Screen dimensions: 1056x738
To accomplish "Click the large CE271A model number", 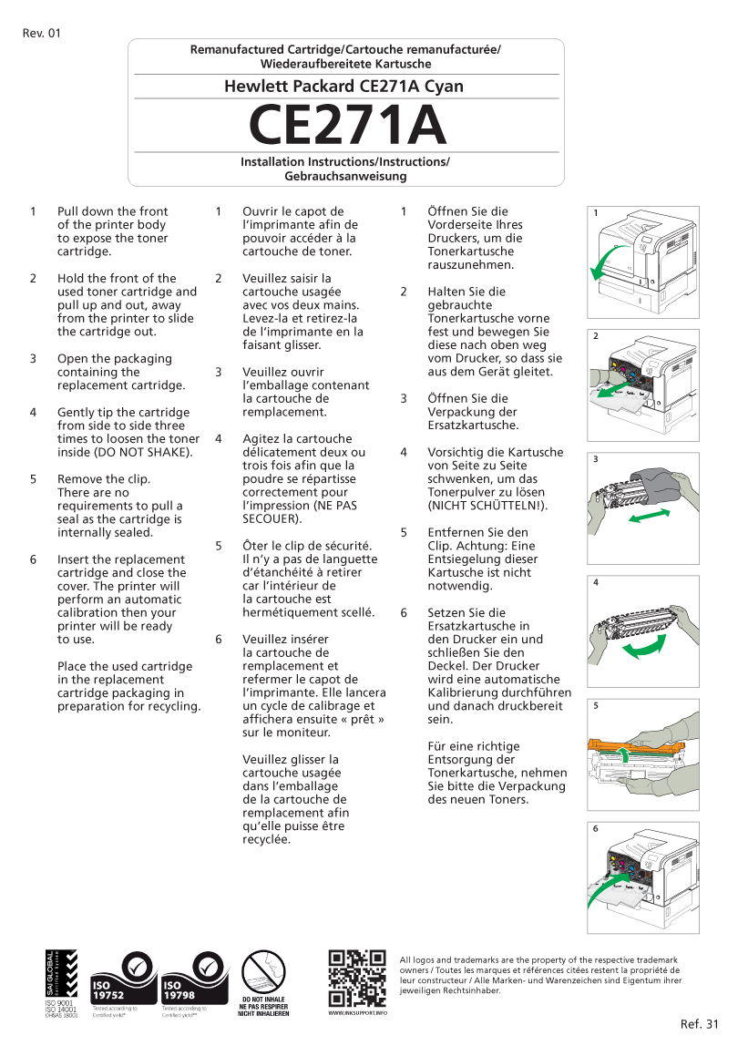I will (x=347, y=126).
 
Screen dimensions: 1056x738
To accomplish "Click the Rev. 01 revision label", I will (x=41, y=34).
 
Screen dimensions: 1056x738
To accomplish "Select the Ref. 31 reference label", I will (x=700, y=1024).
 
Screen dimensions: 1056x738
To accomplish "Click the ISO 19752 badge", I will (x=120, y=979).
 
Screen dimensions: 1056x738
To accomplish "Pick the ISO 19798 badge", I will (x=194, y=979).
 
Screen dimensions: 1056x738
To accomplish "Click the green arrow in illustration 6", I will (x=605, y=889).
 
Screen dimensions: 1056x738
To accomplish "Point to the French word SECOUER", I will (x=272, y=518).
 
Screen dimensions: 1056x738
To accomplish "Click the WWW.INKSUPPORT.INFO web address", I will (x=356, y=1012).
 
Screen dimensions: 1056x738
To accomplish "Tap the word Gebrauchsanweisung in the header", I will (x=345, y=176).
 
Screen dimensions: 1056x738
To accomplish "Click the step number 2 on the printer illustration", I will (x=596, y=336).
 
